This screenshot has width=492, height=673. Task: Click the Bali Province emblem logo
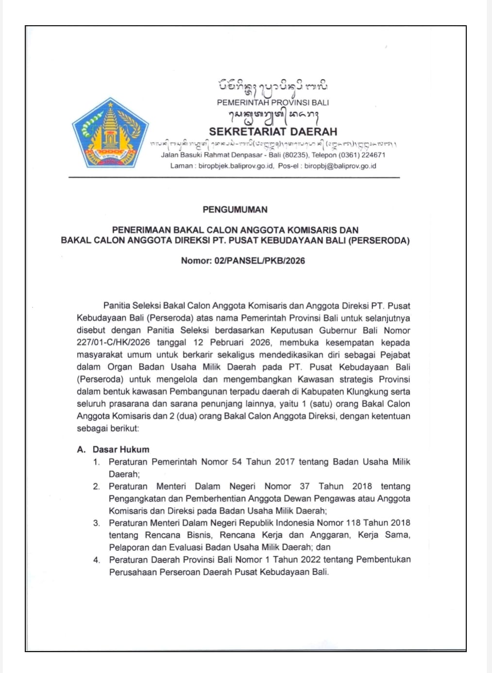tap(110, 133)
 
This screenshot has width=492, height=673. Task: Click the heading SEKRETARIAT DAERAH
tap(273, 132)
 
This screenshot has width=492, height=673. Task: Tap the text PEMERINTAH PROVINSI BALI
tap(272, 102)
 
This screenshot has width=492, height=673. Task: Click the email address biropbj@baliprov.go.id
tap(340, 166)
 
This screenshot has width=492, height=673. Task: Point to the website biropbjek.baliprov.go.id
tap(236, 166)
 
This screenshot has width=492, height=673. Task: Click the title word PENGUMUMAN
tap(235, 210)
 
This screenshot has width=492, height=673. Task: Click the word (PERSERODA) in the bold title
tap(379, 240)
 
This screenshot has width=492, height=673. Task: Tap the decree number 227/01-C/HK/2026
tap(113, 342)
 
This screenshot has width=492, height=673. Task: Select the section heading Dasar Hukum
tap(121, 450)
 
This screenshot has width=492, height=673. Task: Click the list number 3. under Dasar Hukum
tap(97, 523)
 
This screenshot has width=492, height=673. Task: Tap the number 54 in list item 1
tap(237, 462)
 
